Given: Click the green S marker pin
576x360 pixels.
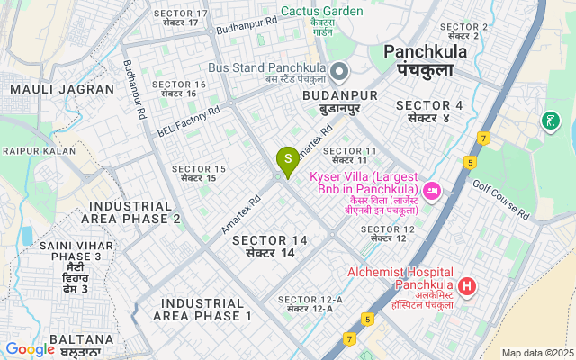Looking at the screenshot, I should [x=287, y=160].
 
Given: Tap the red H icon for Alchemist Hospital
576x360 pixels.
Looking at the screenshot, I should [x=466, y=287].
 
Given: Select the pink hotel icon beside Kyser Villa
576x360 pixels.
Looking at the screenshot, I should [x=431, y=190].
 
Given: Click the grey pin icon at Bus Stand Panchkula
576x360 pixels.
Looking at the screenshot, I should [x=339, y=70].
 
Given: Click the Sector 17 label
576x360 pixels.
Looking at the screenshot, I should [x=181, y=17].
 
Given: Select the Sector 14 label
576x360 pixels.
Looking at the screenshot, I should [x=270, y=247].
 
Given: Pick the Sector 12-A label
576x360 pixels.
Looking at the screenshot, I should [x=310, y=303].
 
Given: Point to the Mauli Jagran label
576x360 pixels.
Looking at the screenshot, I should [x=62, y=89].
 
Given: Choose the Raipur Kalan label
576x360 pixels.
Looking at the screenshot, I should [x=38, y=150].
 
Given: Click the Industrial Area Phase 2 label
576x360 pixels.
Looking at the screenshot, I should [x=130, y=211].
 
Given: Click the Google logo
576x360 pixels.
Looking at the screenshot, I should [x=30, y=349].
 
